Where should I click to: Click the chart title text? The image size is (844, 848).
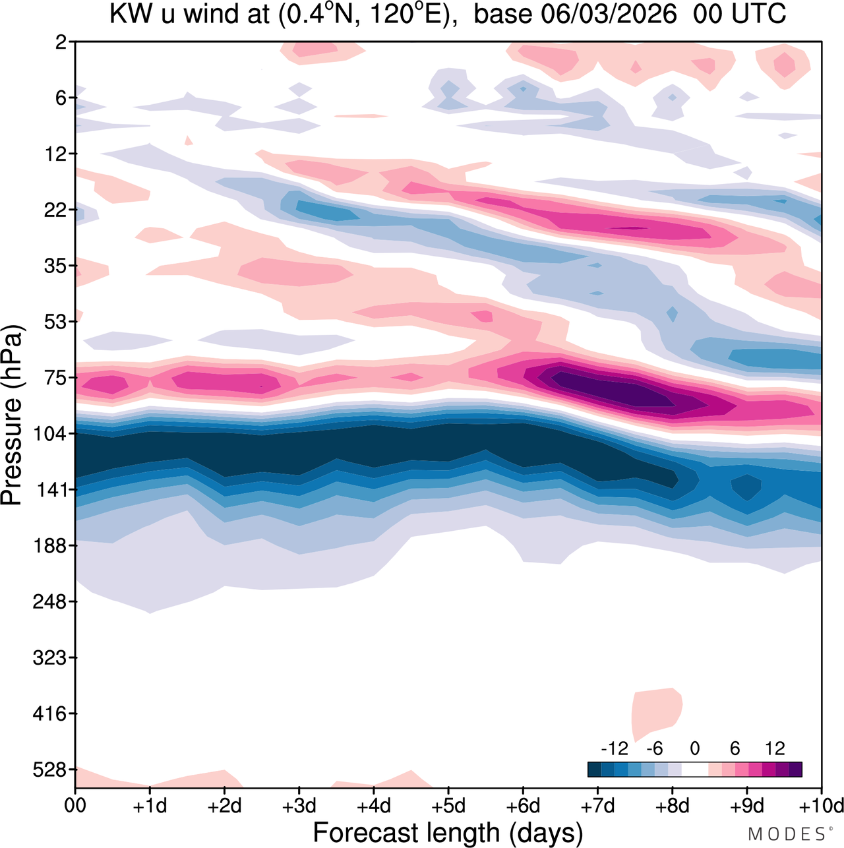click(447, 15)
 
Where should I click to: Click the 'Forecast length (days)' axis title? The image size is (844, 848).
click(448, 832)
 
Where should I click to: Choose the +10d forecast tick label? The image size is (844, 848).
click(821, 806)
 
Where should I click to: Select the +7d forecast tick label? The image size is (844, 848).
click(597, 806)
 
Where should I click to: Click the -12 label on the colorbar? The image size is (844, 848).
click(615, 748)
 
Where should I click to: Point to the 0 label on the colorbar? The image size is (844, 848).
click(694, 748)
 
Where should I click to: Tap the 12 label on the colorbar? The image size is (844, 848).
click(775, 748)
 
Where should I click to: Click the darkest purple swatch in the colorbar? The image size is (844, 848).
click(795, 770)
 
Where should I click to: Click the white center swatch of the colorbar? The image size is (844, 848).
click(694, 770)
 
